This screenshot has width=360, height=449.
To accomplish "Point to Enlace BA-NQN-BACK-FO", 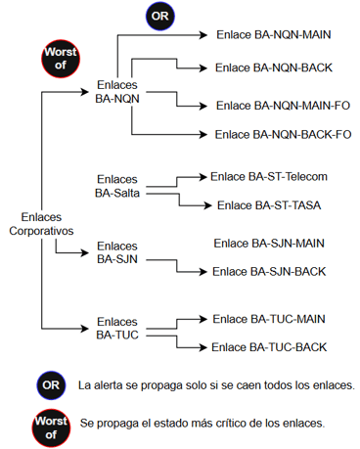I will (284, 133).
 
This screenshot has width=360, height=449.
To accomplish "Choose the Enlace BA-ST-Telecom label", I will (268, 176).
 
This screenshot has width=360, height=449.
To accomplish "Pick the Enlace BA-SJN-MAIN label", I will (269, 242).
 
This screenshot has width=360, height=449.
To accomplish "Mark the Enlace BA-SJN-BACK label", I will (269, 270).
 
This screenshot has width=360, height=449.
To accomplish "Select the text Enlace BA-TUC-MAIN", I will (269, 318).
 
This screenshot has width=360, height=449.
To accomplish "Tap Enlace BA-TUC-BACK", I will (269, 346).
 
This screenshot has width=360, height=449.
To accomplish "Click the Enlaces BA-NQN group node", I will (118, 93).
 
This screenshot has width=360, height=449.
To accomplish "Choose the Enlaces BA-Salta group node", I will (118, 186).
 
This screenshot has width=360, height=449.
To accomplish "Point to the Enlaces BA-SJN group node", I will (118, 252).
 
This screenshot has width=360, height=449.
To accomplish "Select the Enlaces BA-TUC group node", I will (118, 329).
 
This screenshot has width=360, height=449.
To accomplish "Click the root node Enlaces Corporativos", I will (45, 225).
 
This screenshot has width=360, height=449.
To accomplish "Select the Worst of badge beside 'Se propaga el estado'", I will (50, 423).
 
